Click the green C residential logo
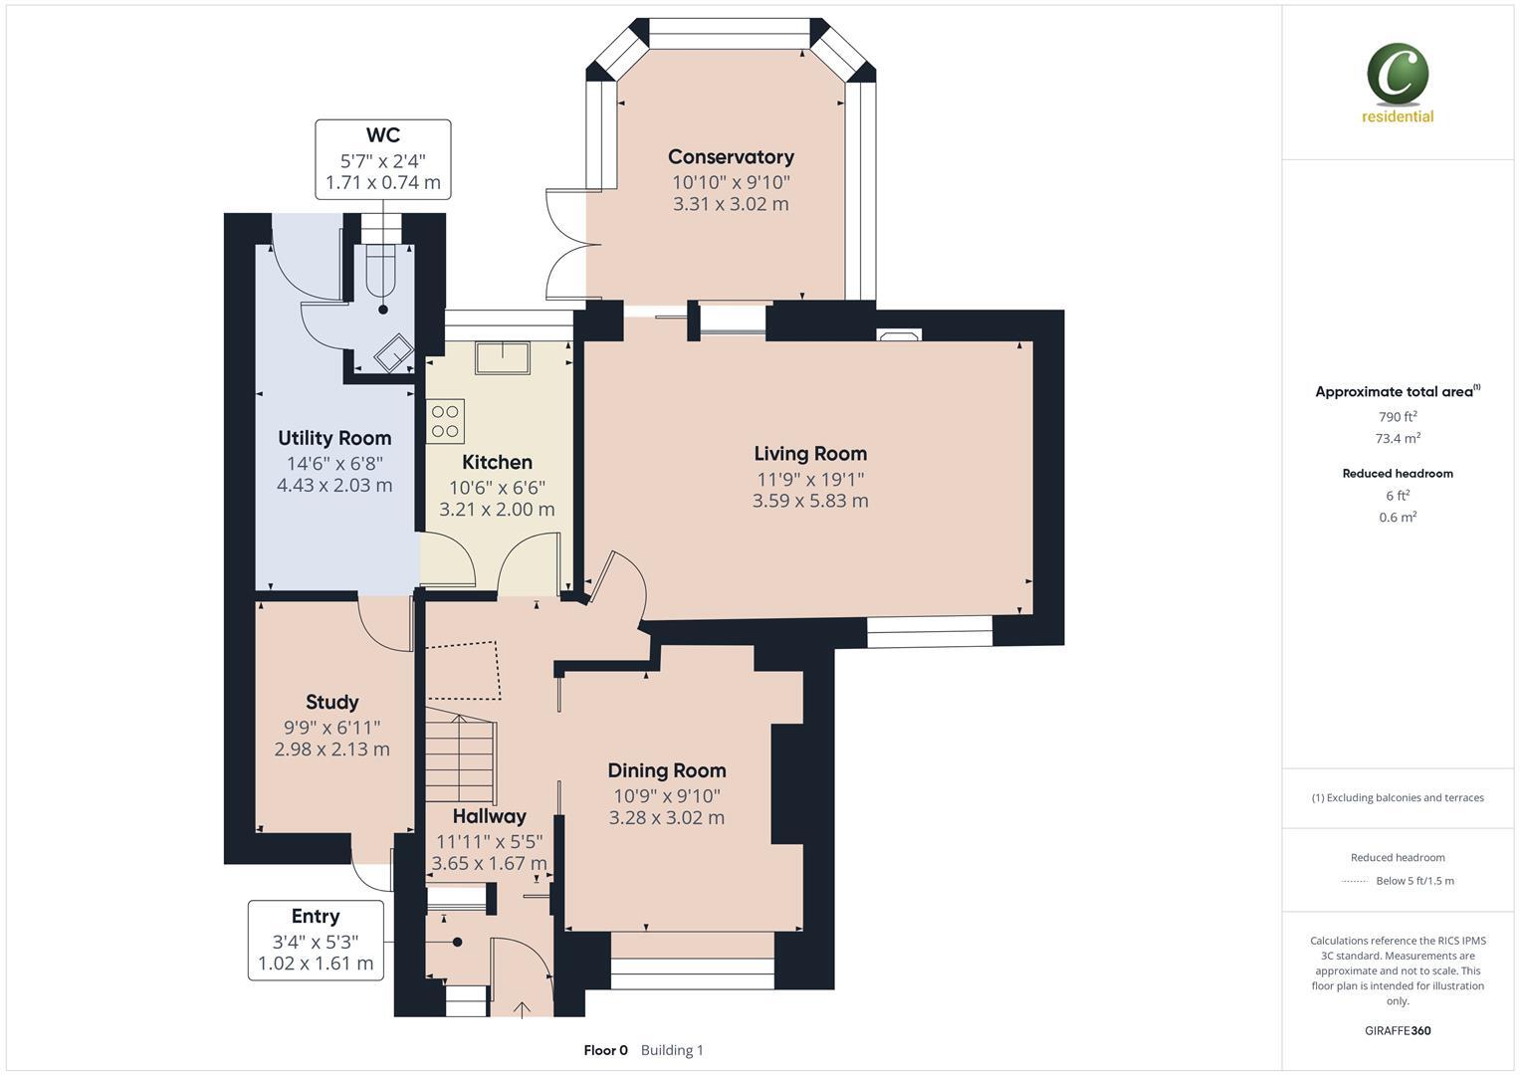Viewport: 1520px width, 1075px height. coord(1398,76)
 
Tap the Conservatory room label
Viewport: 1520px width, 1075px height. coord(731,157)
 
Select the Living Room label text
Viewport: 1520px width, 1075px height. coord(810,454)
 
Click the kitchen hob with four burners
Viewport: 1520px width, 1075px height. coord(445,421)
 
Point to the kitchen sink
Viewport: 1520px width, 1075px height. coord(503,355)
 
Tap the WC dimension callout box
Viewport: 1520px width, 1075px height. coord(383,159)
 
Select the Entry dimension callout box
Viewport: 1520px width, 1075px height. coord(316,941)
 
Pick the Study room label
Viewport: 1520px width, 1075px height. coord(331,703)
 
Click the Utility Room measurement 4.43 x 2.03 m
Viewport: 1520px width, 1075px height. coord(334,486)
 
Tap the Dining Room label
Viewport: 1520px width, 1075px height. coord(667,770)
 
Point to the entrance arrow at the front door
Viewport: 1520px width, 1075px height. coord(523,1009)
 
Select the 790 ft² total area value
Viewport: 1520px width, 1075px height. coord(1398,417)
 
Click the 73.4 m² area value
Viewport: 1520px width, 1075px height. coord(1398,438)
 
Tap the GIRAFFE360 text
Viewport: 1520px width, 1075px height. coord(1398,1030)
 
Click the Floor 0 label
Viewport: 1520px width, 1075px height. coord(605,1050)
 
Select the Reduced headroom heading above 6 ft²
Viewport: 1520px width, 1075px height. coord(1398,474)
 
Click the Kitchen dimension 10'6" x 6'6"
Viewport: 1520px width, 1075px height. coord(497,487)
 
